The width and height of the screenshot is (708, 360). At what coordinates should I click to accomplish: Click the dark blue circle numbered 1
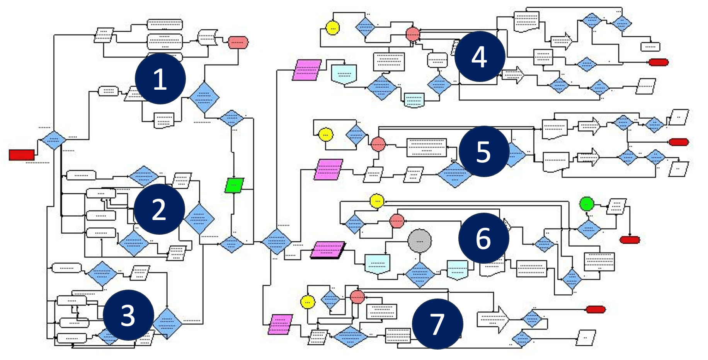pyautogui.click(x=160, y=79)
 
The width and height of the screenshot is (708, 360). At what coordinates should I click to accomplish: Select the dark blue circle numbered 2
pyautogui.click(x=159, y=209)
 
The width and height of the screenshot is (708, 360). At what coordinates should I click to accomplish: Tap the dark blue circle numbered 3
pyautogui.click(x=128, y=315)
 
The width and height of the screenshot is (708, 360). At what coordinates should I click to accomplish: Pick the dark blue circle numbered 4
pyautogui.click(x=480, y=56)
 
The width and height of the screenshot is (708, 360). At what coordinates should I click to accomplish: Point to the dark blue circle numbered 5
pyautogui.click(x=483, y=151)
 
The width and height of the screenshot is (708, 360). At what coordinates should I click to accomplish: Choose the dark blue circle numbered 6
pyautogui.click(x=483, y=238)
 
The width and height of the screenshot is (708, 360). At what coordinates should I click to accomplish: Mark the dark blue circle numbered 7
pyautogui.click(x=437, y=324)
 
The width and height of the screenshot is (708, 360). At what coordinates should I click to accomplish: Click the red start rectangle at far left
pyautogui.click(x=22, y=155)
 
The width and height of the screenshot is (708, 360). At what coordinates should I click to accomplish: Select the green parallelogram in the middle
pyautogui.click(x=234, y=185)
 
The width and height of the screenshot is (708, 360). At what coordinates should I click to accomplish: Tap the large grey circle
pyautogui.click(x=419, y=241)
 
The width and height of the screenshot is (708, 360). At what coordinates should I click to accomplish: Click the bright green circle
pyautogui.click(x=587, y=204)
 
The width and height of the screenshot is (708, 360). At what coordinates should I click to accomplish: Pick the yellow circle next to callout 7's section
pyautogui.click(x=308, y=302)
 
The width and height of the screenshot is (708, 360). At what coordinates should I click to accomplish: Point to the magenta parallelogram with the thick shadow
pyautogui.click(x=327, y=250)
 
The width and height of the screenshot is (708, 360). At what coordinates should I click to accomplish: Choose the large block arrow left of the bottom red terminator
pyautogui.click(x=493, y=319)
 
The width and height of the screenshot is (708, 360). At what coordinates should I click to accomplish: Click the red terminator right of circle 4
pyautogui.click(x=658, y=62)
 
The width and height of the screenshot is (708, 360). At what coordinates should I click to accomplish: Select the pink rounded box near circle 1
pyautogui.click(x=238, y=42)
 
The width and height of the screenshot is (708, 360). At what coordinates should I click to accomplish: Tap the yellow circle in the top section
pyautogui.click(x=332, y=28)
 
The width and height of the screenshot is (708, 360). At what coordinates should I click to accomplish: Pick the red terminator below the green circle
pyautogui.click(x=630, y=240)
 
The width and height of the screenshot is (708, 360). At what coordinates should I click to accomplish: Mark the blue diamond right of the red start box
pyautogui.click(x=53, y=140)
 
